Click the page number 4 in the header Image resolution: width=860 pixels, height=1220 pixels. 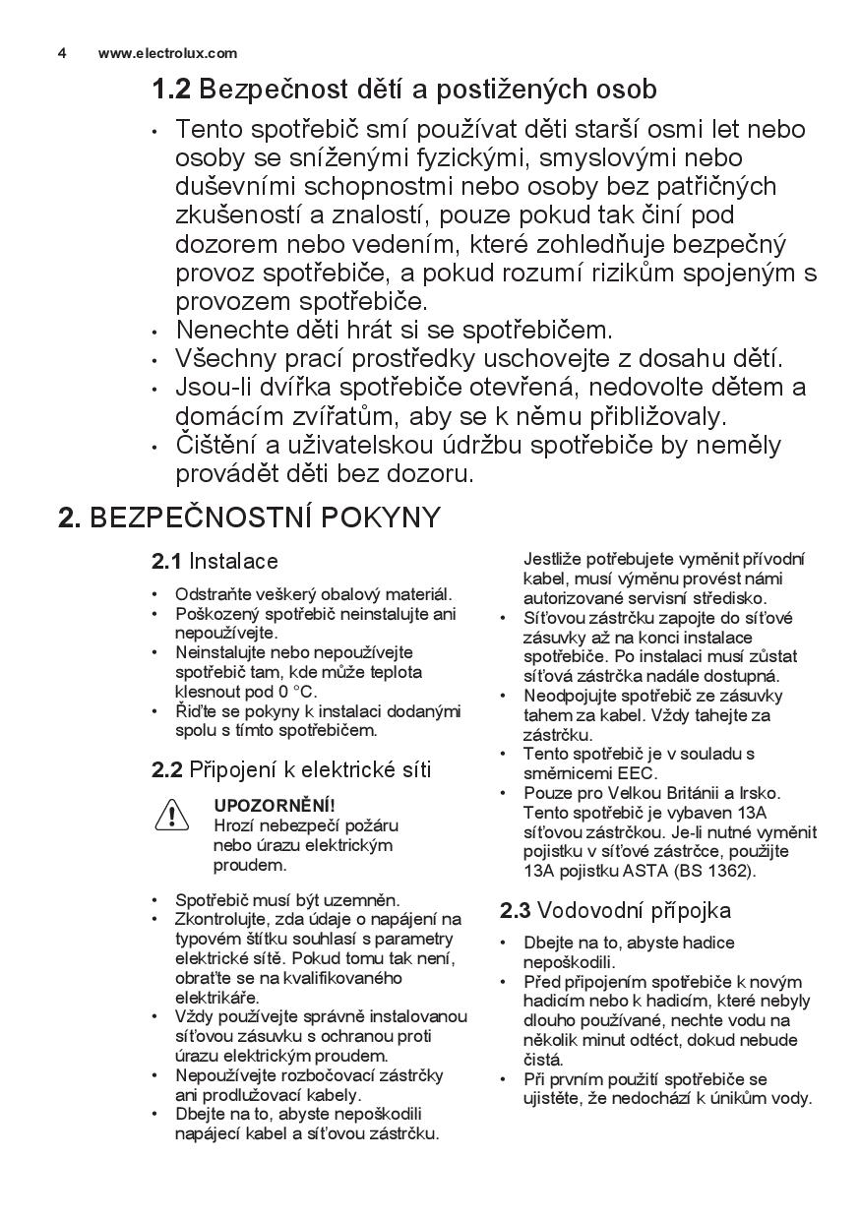pos(62,53)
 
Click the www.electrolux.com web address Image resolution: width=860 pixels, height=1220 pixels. pos(167,53)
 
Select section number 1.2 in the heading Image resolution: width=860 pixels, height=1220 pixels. pos(170,90)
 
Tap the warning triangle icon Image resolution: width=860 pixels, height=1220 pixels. pos(171,815)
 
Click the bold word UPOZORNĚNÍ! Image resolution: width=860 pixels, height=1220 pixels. pos(275,806)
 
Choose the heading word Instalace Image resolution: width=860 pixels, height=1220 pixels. pos(234,562)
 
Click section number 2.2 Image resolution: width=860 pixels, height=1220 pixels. pos(167,770)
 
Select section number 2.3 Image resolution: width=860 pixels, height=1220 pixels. pos(516,910)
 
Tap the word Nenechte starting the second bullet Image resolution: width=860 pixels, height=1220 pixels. pos(226,330)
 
